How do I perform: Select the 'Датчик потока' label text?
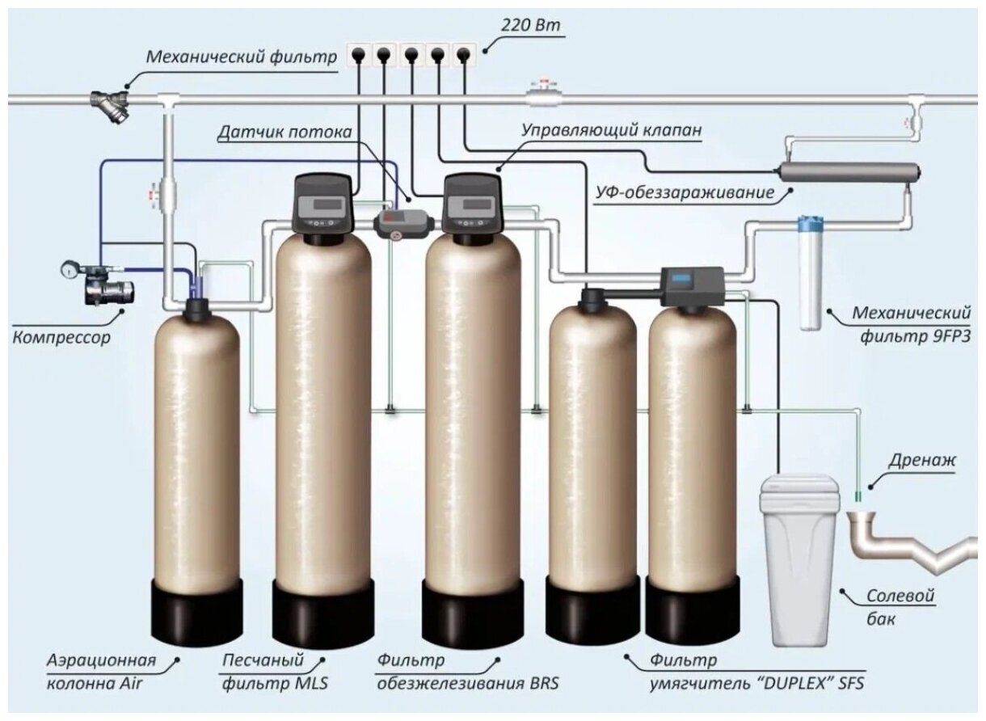coord(274,131)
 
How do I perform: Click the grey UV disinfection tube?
coord(848,172)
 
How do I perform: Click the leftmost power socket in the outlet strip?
coord(358,55)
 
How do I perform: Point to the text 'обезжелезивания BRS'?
coord(467,683)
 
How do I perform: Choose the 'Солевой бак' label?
coord(900,607)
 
